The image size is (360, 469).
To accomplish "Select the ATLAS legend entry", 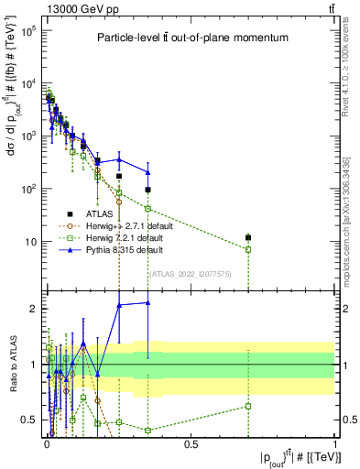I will [112, 213].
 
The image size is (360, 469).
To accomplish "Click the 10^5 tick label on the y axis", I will [28, 30].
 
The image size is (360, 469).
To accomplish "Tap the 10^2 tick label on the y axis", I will [28, 189].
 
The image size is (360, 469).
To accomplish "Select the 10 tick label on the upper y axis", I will [30, 242].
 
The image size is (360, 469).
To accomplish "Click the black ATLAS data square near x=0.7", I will [248, 238].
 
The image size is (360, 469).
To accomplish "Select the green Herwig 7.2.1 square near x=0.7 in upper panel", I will [248, 249].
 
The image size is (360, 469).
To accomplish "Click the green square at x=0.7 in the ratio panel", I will [248, 406].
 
